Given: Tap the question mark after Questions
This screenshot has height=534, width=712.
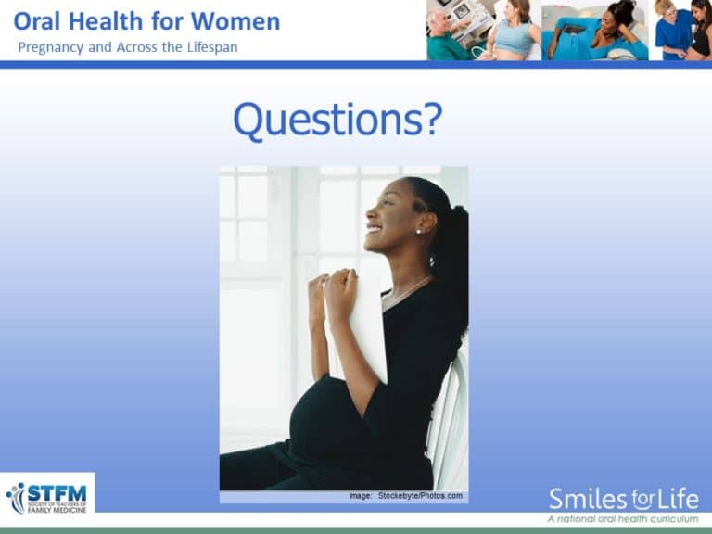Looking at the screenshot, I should (432, 120).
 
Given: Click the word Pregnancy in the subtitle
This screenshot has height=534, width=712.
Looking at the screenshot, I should (51, 46).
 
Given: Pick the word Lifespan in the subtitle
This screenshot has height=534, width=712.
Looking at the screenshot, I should (207, 46).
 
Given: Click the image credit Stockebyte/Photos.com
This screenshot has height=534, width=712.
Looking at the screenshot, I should (419, 496).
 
